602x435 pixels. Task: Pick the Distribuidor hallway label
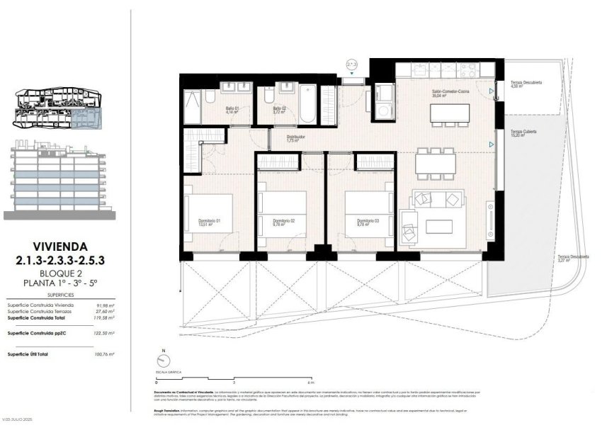[x=295, y=138]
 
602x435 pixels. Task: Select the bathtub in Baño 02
[x=309, y=104]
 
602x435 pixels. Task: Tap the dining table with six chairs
[x=434, y=165]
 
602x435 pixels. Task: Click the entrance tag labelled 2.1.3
[x=352, y=64]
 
